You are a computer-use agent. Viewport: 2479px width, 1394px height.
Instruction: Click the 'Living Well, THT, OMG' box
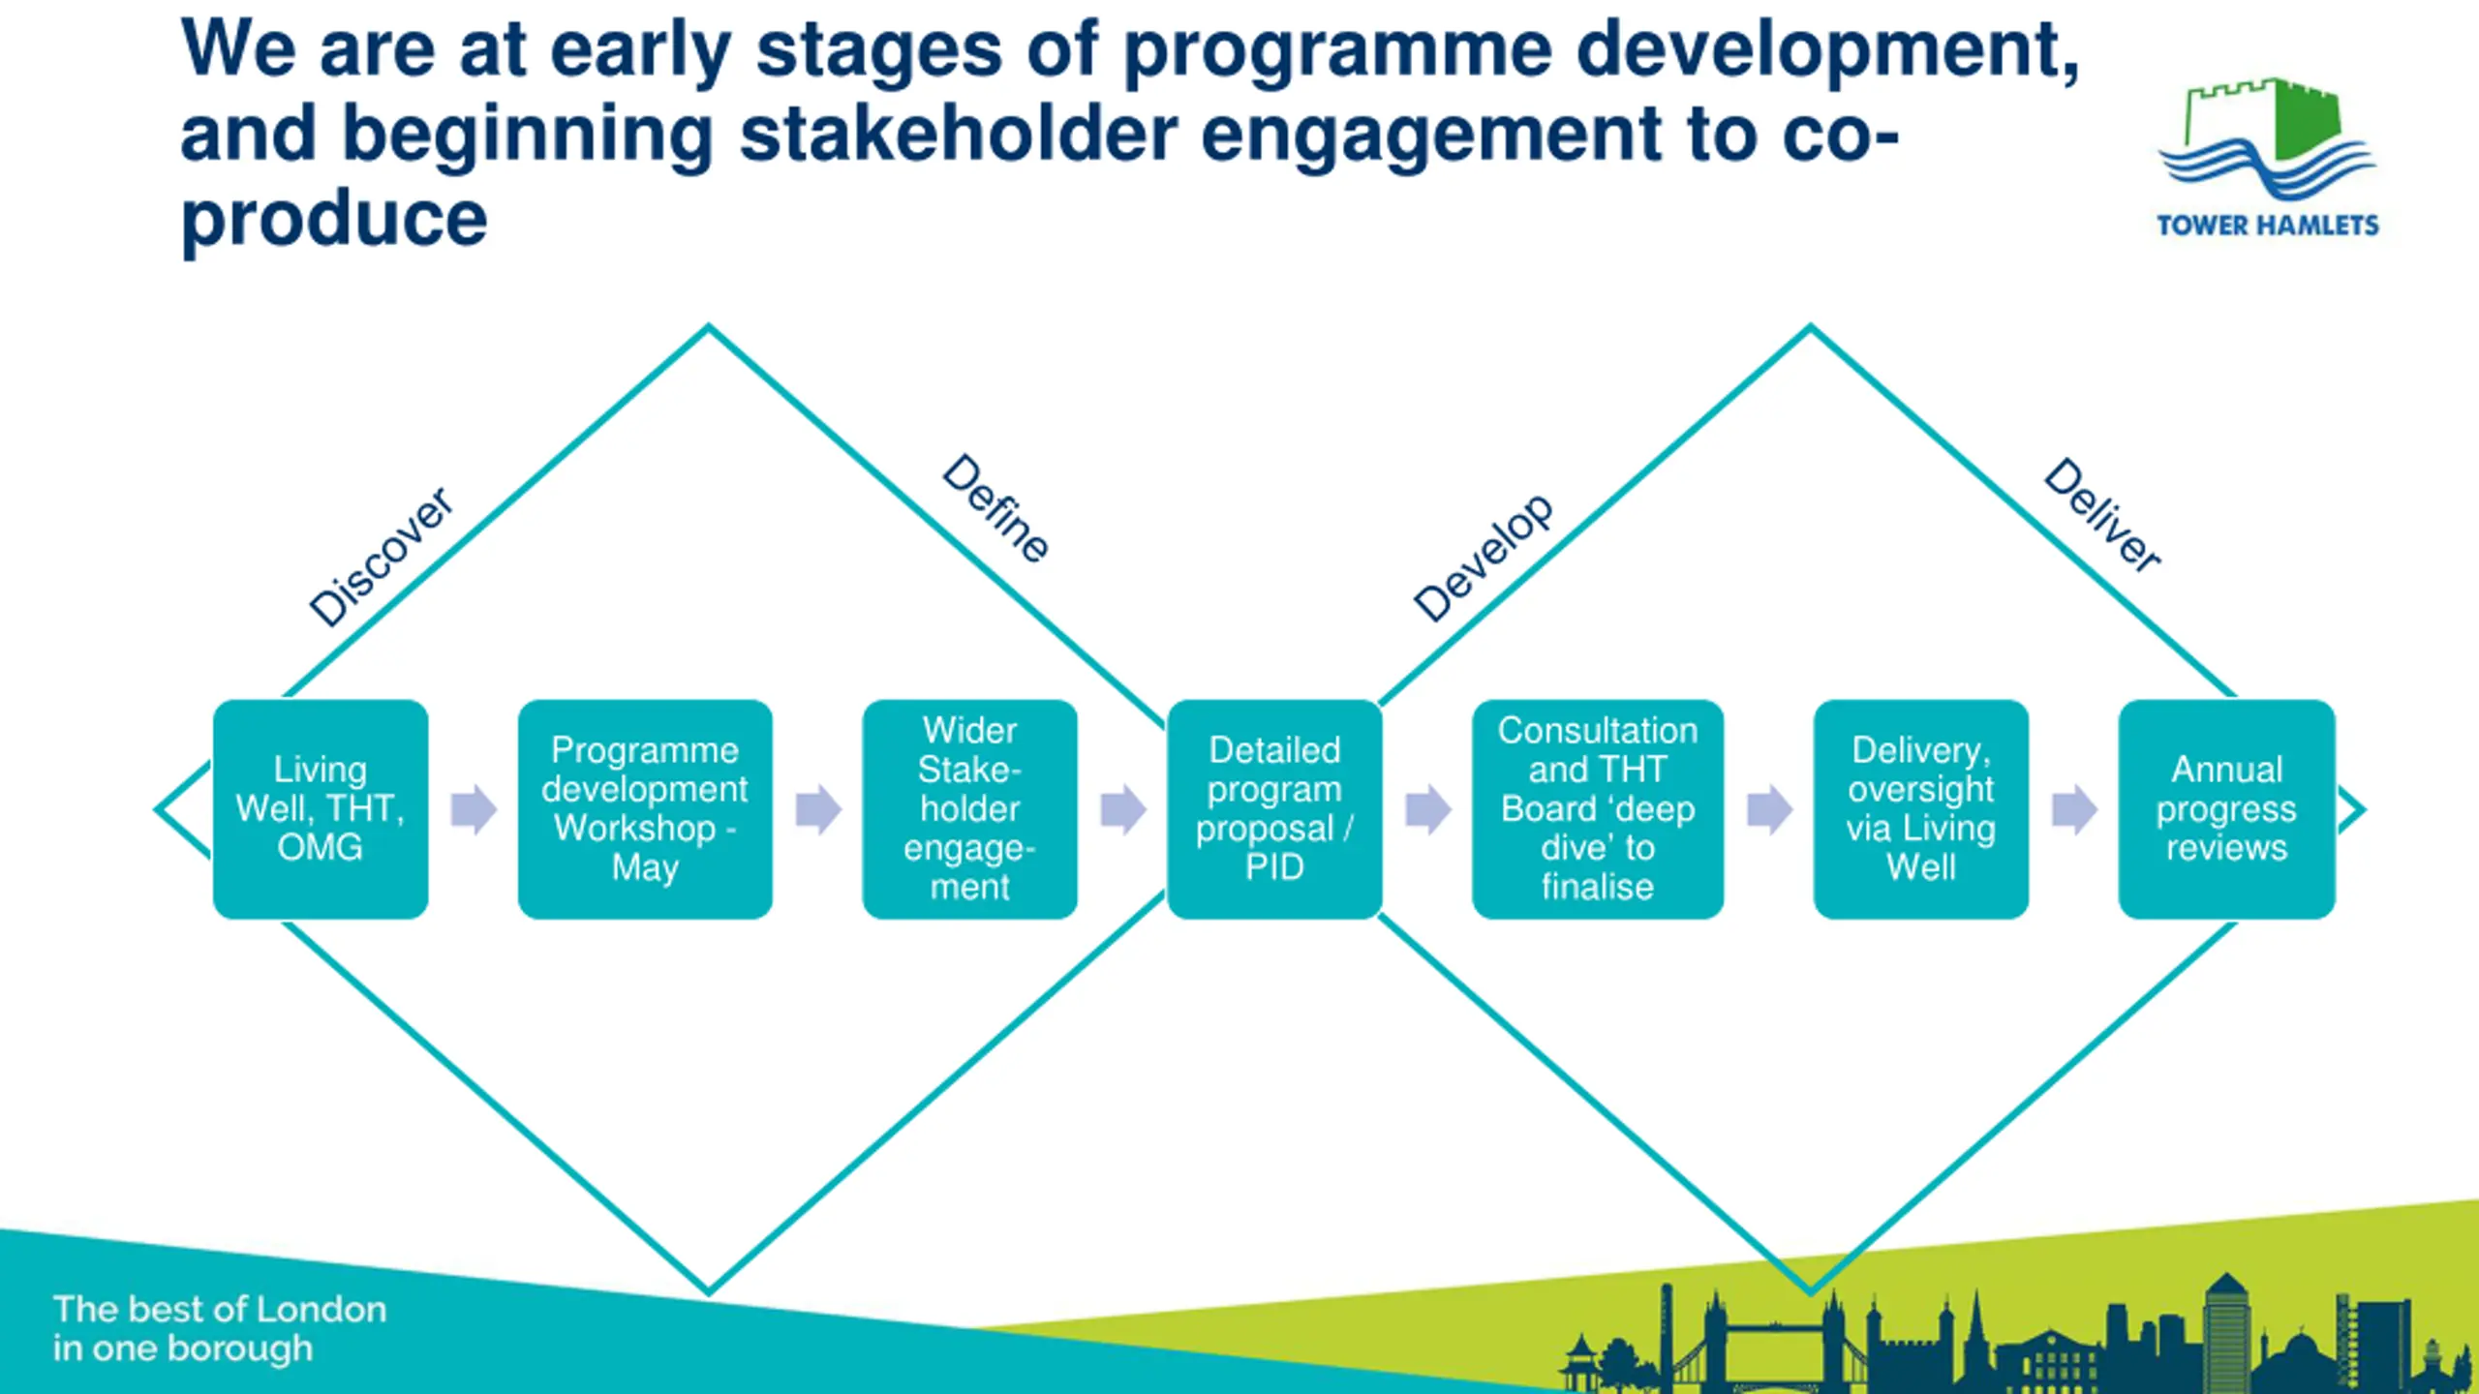pos(321,809)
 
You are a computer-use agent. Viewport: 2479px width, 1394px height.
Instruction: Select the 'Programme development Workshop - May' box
pos(645,809)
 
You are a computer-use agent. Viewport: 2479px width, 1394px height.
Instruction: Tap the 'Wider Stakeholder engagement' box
pos(969,809)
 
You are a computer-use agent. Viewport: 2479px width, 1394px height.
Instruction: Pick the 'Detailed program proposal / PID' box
pos(1274,809)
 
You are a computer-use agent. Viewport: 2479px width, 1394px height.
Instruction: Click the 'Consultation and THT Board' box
pos(1598,809)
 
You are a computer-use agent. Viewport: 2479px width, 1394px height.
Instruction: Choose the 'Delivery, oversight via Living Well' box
pos(1921,809)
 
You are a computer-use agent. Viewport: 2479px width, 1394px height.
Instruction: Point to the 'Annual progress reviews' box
pos(2226,809)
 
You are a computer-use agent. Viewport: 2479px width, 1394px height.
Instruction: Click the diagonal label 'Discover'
pos(381,557)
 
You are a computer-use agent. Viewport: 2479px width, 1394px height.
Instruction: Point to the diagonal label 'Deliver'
pos(2102,515)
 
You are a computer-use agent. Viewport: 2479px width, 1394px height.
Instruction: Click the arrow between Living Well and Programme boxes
pos(474,809)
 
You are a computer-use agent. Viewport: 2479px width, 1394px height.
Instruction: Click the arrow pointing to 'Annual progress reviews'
pos(2074,809)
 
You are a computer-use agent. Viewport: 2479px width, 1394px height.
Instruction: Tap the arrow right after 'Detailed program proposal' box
pos(1428,809)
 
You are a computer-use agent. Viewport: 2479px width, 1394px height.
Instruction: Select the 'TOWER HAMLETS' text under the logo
pos(2267,226)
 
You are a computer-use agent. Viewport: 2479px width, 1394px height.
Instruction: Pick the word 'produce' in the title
pos(334,221)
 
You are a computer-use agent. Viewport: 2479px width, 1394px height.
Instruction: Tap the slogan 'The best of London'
pos(220,1309)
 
